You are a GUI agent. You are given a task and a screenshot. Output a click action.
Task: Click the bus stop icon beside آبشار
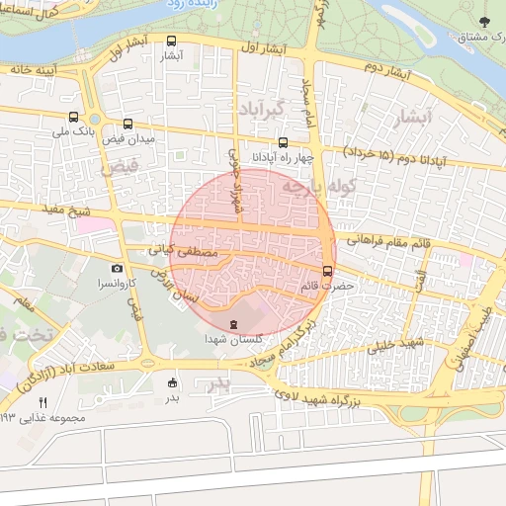point(173,42)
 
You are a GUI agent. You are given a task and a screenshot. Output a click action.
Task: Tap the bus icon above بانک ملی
point(74,117)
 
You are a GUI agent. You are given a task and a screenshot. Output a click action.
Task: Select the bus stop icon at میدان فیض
point(128,125)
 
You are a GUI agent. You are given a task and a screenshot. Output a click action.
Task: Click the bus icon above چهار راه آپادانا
point(285,142)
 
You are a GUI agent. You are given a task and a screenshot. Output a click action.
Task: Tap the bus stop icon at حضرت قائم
point(328,271)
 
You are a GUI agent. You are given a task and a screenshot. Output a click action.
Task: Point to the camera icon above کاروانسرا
point(118,268)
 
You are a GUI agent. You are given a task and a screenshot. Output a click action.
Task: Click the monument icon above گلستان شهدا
point(233,324)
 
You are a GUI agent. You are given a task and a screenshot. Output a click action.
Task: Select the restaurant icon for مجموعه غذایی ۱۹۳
point(42,402)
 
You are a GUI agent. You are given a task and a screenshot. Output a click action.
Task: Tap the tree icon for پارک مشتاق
point(482,22)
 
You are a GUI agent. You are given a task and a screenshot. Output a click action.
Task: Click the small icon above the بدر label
point(174,382)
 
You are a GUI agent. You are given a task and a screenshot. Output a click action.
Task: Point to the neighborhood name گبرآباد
point(260,107)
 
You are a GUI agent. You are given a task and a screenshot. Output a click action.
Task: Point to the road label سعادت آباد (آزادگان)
point(102,371)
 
